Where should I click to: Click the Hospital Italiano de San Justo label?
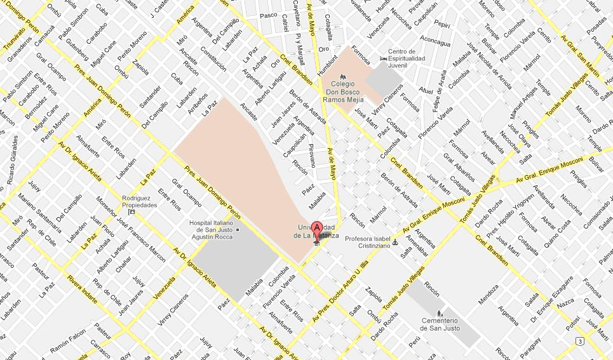pos(213,229)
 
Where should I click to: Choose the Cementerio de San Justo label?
pos(443,324)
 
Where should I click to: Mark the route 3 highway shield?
pos(579,342)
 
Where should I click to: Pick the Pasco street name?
pos(269,15)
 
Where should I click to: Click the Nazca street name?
pos(565,305)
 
